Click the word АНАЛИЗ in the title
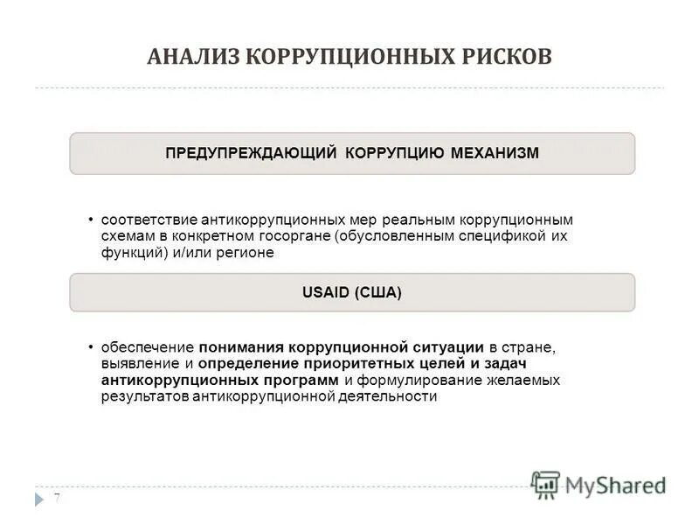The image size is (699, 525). [192, 57]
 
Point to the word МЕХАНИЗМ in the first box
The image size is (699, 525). [495, 153]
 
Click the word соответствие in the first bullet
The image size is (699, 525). [149, 220]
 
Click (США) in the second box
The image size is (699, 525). [378, 293]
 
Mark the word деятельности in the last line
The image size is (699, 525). [389, 396]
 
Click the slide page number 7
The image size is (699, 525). [57, 499]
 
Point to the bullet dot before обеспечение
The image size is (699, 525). [92, 346]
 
